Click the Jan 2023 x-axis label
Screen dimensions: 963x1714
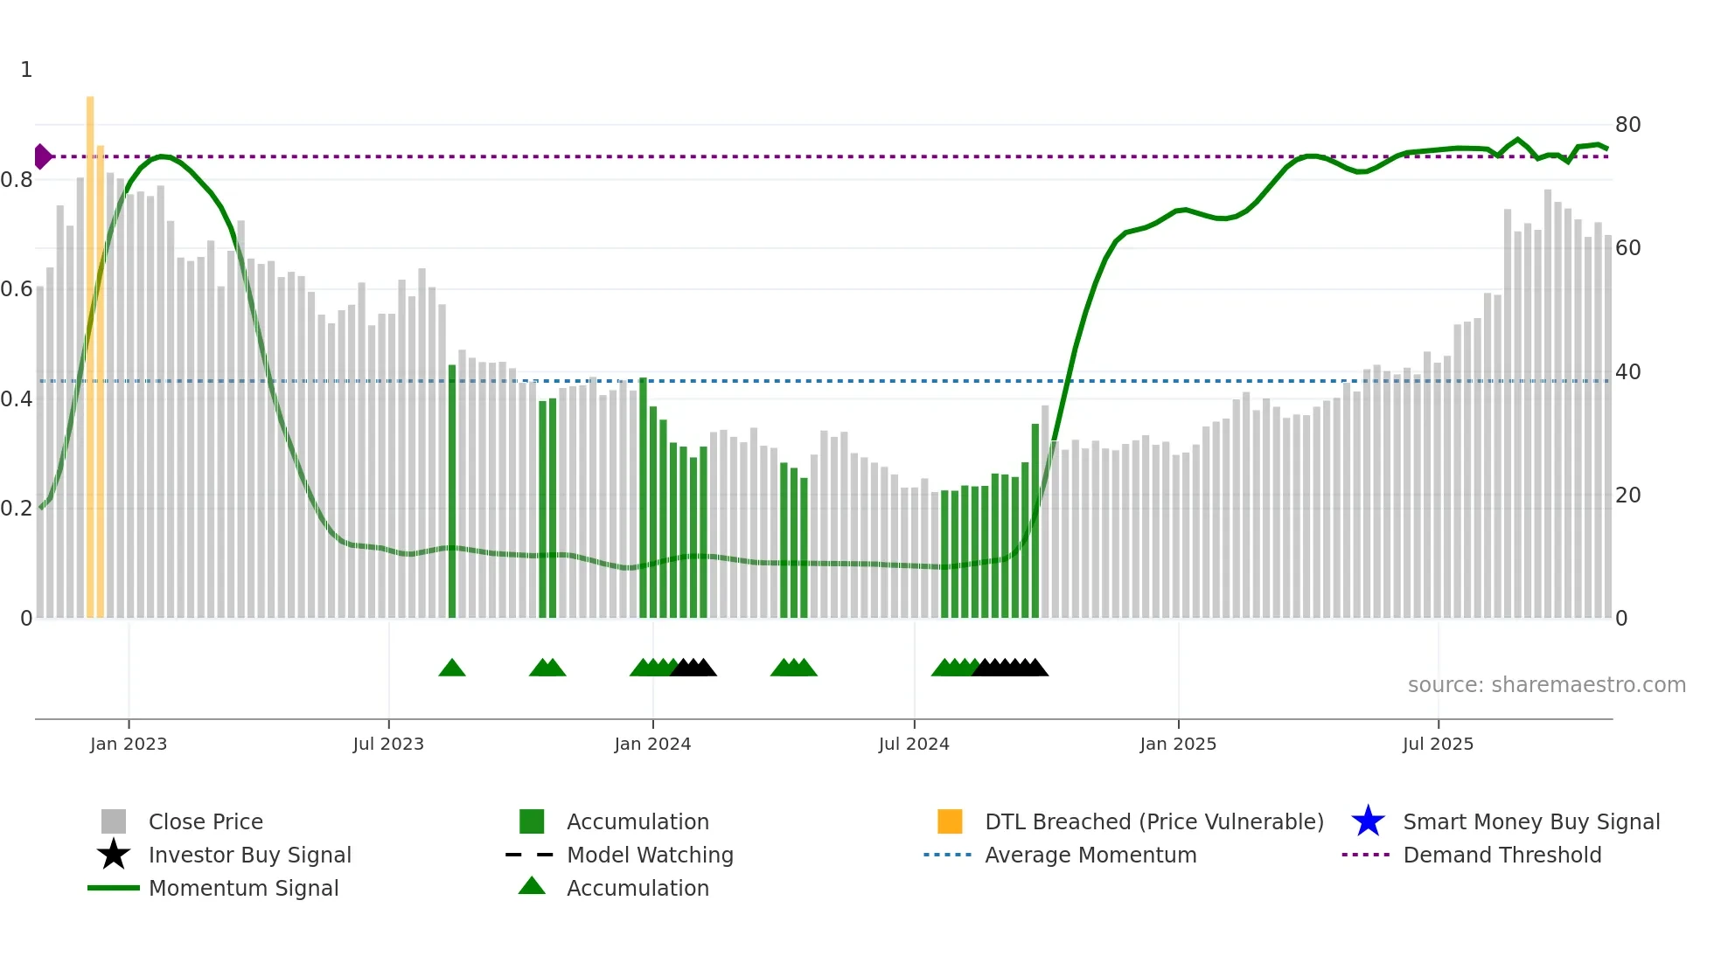pos(128,744)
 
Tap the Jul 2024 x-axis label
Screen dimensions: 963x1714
pos(914,744)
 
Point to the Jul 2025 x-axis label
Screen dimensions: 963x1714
pos(1438,744)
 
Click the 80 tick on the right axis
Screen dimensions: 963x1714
pos(1627,125)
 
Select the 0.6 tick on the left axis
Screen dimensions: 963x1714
pos(17,289)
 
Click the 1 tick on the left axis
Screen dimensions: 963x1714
pos(26,70)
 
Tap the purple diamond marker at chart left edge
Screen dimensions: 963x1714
pos(42,156)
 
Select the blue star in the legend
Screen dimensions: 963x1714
pos(1368,821)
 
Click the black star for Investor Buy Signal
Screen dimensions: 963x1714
pos(114,855)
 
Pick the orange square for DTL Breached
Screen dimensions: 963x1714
pos(950,821)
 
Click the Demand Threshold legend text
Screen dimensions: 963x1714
pos(1501,855)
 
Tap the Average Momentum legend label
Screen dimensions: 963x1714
pos(1090,855)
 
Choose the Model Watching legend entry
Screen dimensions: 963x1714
pos(650,855)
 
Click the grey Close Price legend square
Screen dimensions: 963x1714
pos(114,821)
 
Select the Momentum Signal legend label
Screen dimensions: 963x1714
pos(243,888)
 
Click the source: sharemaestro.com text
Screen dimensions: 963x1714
pos(1546,685)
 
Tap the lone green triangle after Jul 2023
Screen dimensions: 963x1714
pos(452,669)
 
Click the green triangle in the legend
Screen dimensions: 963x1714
pos(532,886)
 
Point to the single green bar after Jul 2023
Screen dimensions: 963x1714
pos(452,489)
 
